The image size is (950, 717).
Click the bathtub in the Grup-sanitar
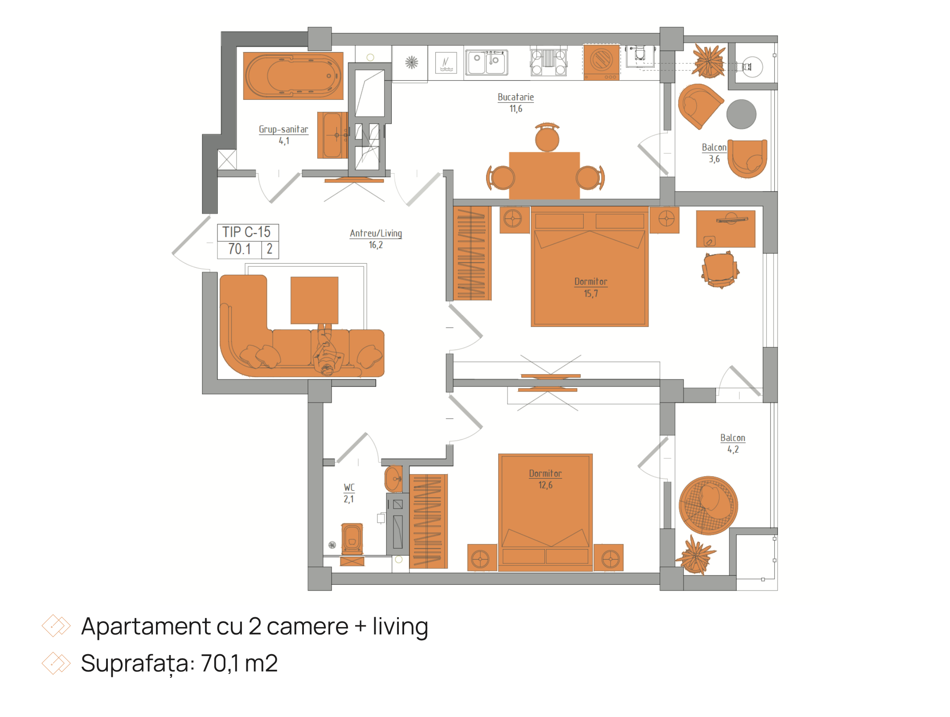click(x=293, y=76)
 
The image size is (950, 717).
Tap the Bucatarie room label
click(x=516, y=102)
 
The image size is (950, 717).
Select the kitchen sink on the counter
click(x=487, y=62)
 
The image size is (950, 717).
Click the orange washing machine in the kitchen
click(x=602, y=62)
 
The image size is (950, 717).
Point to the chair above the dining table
click(x=547, y=137)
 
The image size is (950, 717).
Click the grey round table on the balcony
click(x=741, y=114)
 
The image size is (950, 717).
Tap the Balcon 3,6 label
click(x=714, y=153)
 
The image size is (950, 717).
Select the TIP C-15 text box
click(x=248, y=241)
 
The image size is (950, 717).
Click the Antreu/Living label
click(x=376, y=239)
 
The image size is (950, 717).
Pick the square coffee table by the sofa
click(x=314, y=300)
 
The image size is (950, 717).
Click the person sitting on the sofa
click(x=328, y=350)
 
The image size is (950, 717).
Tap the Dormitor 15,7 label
click(x=590, y=287)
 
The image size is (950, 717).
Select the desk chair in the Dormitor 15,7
click(x=720, y=269)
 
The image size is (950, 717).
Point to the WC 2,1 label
click(x=349, y=493)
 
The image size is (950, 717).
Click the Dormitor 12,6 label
click(x=545, y=479)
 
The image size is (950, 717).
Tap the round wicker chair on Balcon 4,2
click(x=708, y=505)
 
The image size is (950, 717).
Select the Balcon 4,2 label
click(x=733, y=444)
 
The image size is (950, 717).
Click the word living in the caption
click(x=400, y=627)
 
